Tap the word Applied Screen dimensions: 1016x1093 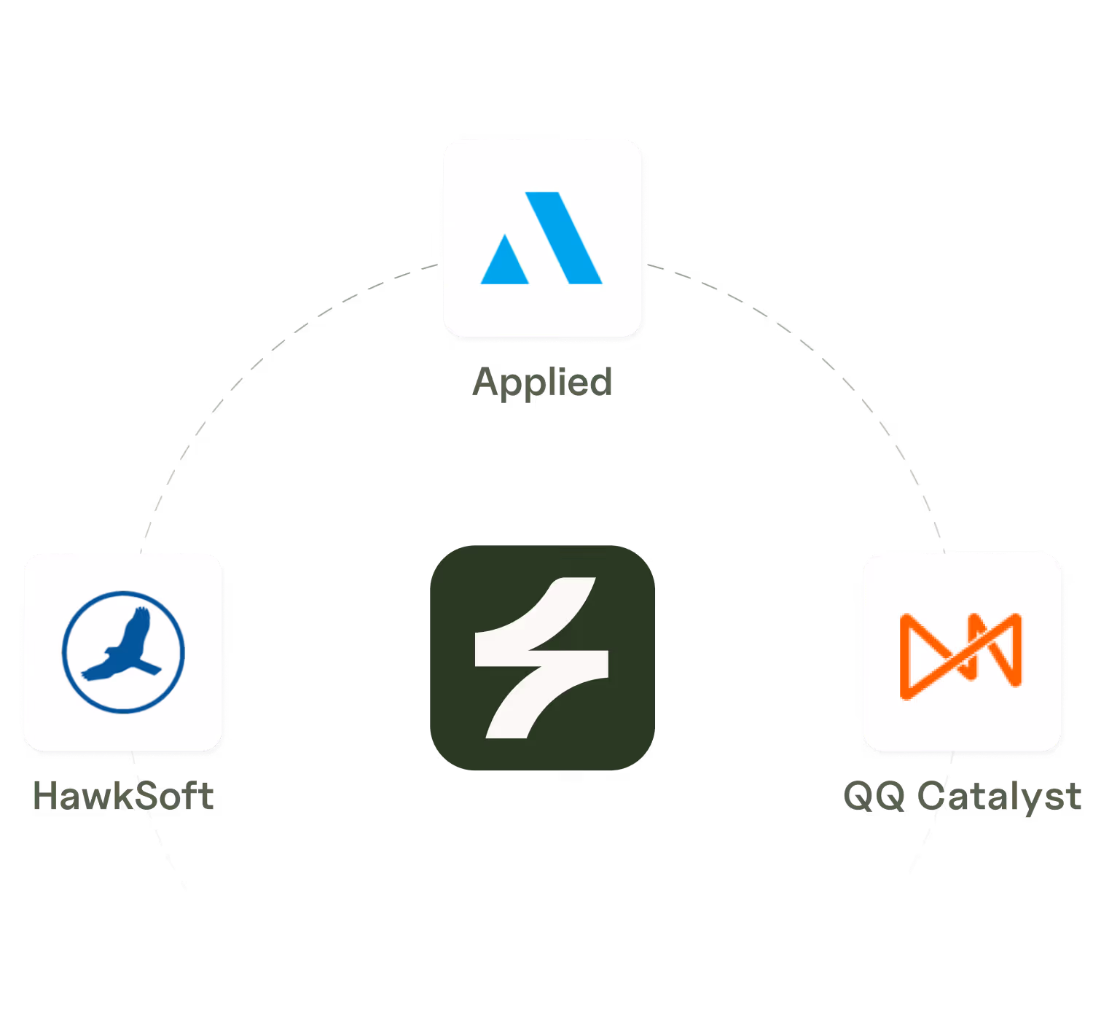[542, 383]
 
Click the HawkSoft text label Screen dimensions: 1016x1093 [123, 796]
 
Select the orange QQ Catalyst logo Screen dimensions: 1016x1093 [960, 655]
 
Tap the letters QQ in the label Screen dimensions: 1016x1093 [874, 796]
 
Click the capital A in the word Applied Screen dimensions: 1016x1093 [488, 381]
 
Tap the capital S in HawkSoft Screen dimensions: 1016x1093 [149, 796]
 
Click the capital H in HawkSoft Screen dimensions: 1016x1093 [45, 796]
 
